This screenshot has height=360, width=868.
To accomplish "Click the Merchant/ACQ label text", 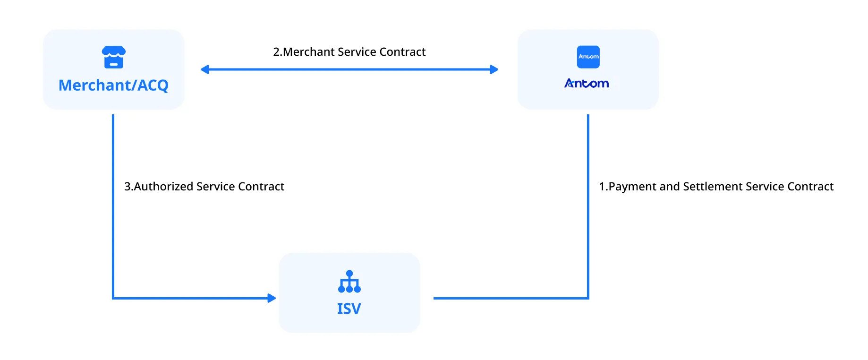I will [x=113, y=85].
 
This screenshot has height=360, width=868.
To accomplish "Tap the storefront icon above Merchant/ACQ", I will [x=114, y=57].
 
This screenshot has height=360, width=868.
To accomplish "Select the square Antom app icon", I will [x=588, y=57].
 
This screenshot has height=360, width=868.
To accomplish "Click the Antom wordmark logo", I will [x=587, y=84].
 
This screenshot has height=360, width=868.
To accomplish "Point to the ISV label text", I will [x=349, y=309].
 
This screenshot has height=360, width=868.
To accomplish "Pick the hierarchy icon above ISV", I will [x=349, y=282].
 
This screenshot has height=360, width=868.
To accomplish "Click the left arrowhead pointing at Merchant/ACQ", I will [x=205, y=70].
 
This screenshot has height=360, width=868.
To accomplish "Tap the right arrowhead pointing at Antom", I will [x=494, y=70].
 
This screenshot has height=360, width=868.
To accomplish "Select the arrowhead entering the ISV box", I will [x=272, y=298].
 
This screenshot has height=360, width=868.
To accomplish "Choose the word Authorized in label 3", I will [x=163, y=187].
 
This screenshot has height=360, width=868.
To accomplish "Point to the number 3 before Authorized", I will [x=127, y=187].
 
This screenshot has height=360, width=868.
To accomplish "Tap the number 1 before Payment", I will [x=602, y=187].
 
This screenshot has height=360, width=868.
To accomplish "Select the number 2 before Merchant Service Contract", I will [x=276, y=52].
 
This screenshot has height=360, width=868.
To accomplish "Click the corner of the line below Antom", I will [x=588, y=298].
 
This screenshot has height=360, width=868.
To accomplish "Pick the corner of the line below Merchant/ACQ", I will [x=113, y=298].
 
